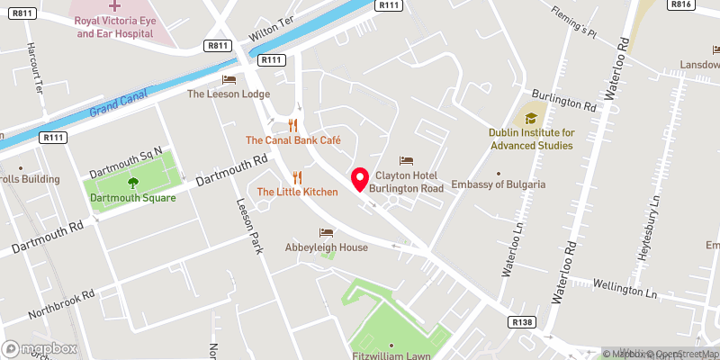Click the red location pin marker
(x=360, y=179)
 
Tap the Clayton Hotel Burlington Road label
(x=409, y=183)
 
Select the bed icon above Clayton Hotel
(x=406, y=160)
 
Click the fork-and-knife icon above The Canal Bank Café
(x=292, y=125)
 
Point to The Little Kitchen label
(x=297, y=192)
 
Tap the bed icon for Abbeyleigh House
(x=326, y=232)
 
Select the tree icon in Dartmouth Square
(x=133, y=183)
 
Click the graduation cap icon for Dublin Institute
(x=531, y=117)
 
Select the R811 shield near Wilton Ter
(x=217, y=45)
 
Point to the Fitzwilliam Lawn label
(x=392, y=355)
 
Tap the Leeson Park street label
(x=249, y=225)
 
